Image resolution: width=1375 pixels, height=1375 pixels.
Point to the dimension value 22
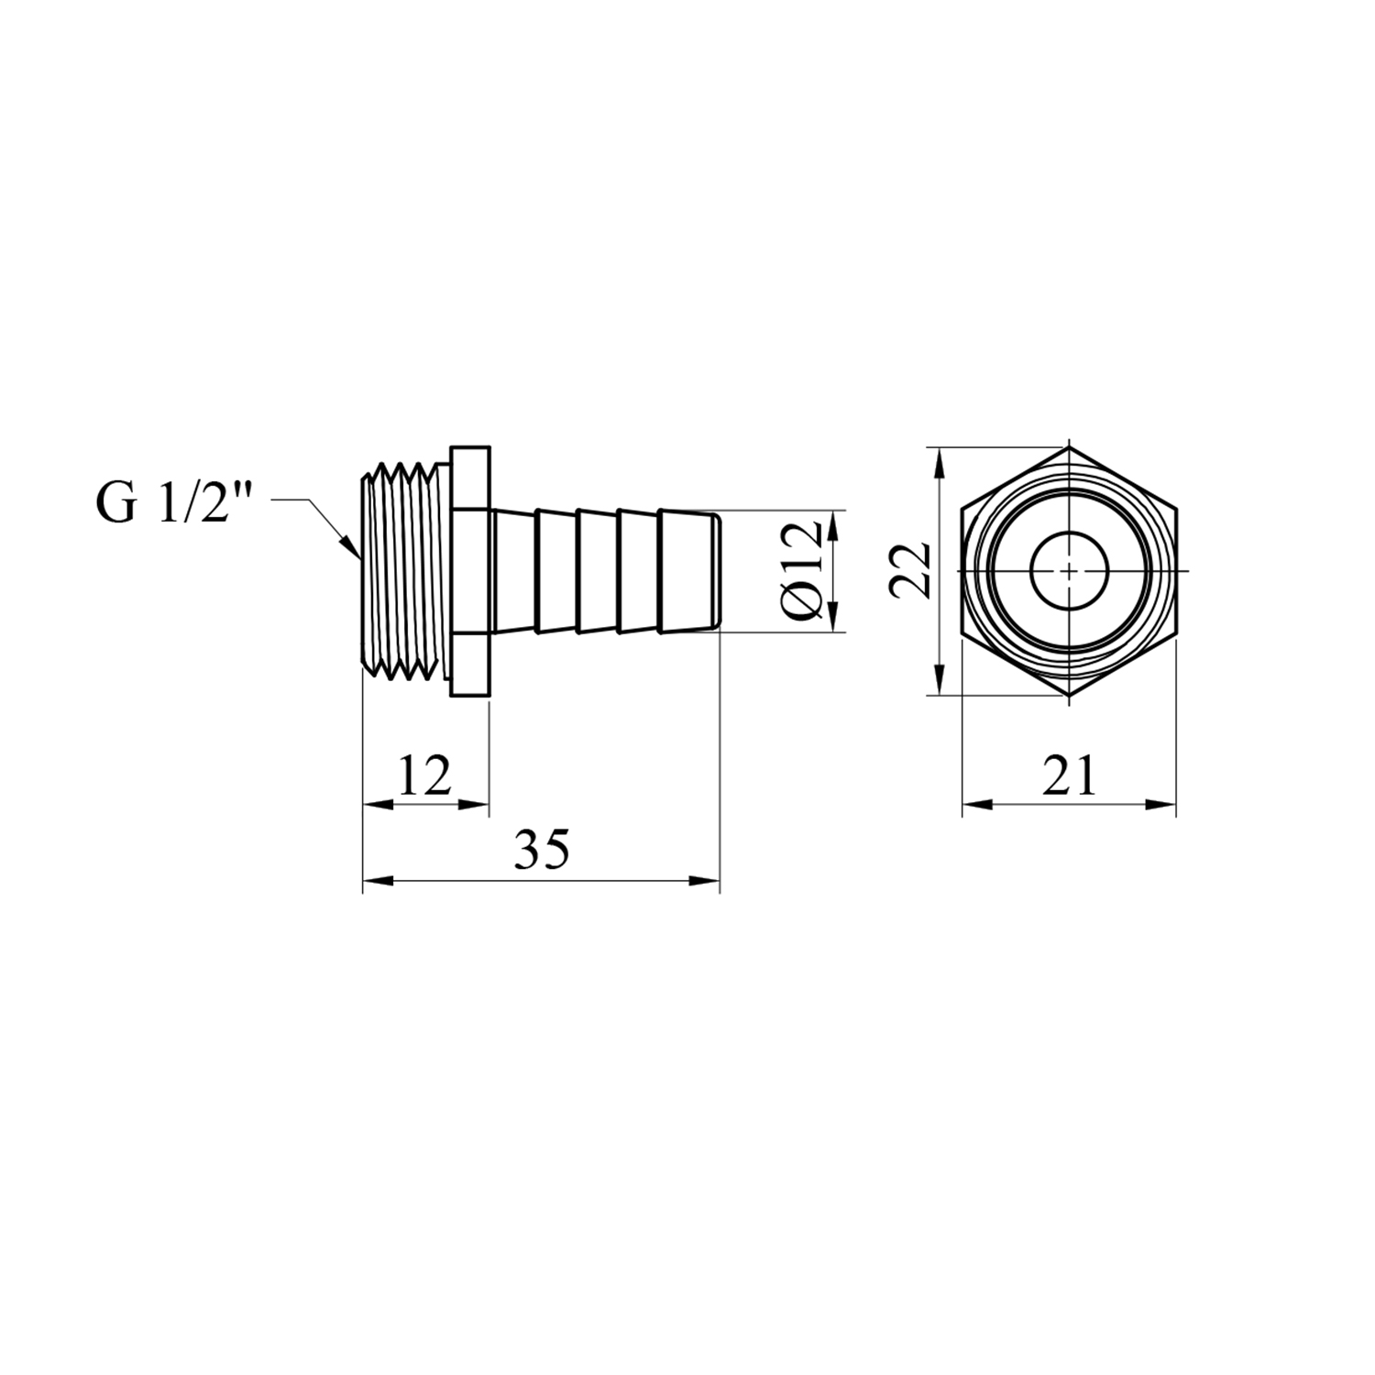(910, 570)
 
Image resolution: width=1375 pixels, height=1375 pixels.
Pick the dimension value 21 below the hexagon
(1069, 776)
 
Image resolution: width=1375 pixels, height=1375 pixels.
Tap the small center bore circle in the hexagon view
(1070, 570)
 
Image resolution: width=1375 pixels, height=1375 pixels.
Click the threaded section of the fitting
(404, 571)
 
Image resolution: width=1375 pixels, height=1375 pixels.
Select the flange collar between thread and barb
(471, 571)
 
